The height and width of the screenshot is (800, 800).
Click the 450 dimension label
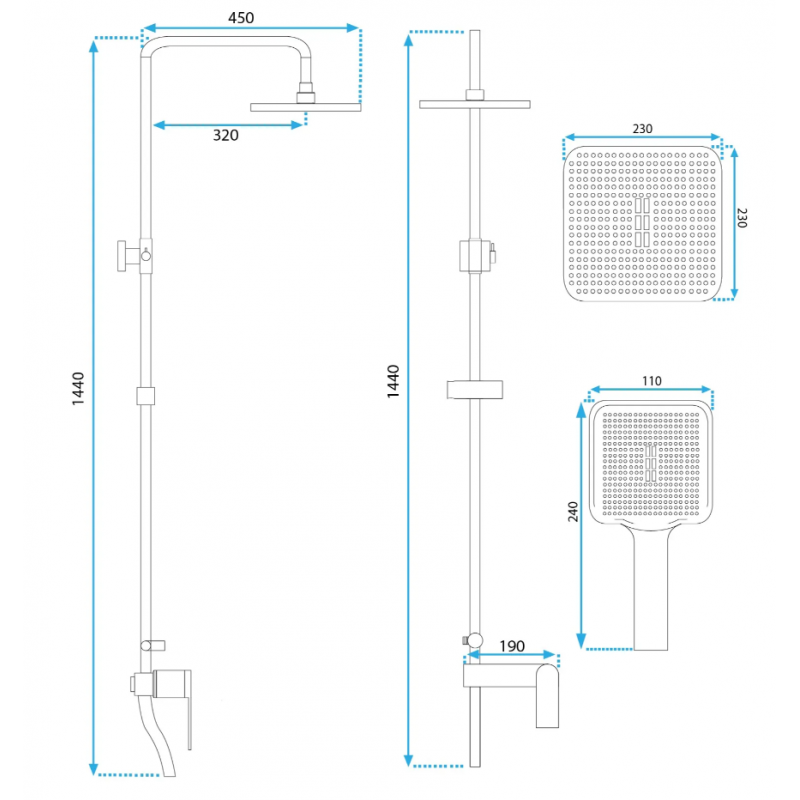pyautogui.click(x=241, y=18)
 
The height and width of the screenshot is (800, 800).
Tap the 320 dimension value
pyautogui.click(x=226, y=135)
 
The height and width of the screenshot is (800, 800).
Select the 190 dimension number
pyautogui.click(x=512, y=646)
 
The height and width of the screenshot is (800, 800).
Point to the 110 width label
pyautogui.click(x=652, y=381)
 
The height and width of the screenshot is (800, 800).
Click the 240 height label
pyautogui.click(x=573, y=512)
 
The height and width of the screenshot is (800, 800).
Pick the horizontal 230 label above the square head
pyautogui.click(x=642, y=129)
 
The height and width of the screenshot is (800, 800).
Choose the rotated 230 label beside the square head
pyautogui.click(x=742, y=218)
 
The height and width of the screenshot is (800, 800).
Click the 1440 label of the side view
pyautogui.click(x=78, y=389)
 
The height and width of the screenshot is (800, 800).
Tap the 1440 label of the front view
pyautogui.click(x=393, y=382)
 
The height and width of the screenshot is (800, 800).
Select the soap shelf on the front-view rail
pyautogui.click(x=474, y=389)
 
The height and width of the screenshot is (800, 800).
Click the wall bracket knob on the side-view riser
pyautogui.click(x=126, y=256)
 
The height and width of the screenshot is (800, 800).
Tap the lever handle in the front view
pyautogui.click(x=547, y=696)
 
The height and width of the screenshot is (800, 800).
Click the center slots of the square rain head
pyautogui.click(x=642, y=222)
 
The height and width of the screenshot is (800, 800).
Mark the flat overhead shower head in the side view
pyautogui.click(x=306, y=107)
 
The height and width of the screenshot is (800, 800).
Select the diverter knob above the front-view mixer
pyautogui.click(x=473, y=640)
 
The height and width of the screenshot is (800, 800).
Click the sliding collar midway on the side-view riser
pyautogui.click(x=145, y=396)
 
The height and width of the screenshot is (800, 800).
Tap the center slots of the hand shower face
pyautogui.click(x=651, y=463)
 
